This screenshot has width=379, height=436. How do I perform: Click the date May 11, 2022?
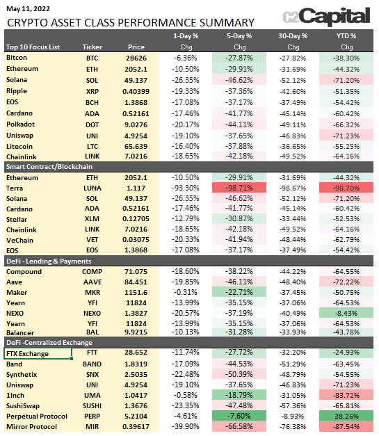coord(28,9)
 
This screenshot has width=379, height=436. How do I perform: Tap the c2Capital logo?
coord(326,17)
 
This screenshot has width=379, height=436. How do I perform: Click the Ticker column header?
coord(92,47)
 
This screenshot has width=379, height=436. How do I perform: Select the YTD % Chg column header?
coord(346,42)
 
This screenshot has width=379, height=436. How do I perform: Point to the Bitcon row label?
coord(17,58)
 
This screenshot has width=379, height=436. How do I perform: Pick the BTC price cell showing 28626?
coord(136,58)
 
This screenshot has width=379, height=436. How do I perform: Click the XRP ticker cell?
coord(92,91)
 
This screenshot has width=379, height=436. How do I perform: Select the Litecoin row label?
coord(19,146)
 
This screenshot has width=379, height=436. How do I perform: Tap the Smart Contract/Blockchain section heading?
coord(49,167)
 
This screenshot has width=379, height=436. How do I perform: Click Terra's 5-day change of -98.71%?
coord(239,188)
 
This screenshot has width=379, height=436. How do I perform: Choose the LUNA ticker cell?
coord(92,188)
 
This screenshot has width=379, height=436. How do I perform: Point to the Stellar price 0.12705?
coord(136,219)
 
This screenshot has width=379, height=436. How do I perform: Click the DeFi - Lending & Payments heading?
coord(49,261)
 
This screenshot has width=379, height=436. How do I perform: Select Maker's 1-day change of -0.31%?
coord(186,292)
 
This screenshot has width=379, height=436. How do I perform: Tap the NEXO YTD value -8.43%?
coord(346,313)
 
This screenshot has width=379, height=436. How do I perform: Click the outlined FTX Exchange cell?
coord(38,353)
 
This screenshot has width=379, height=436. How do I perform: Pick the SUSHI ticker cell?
coord(92,406)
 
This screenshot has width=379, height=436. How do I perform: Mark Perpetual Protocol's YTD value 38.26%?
coord(346,416)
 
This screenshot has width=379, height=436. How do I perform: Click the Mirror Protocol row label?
coord(32,426)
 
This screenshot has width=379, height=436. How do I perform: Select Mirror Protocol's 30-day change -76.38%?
coord(293,426)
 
